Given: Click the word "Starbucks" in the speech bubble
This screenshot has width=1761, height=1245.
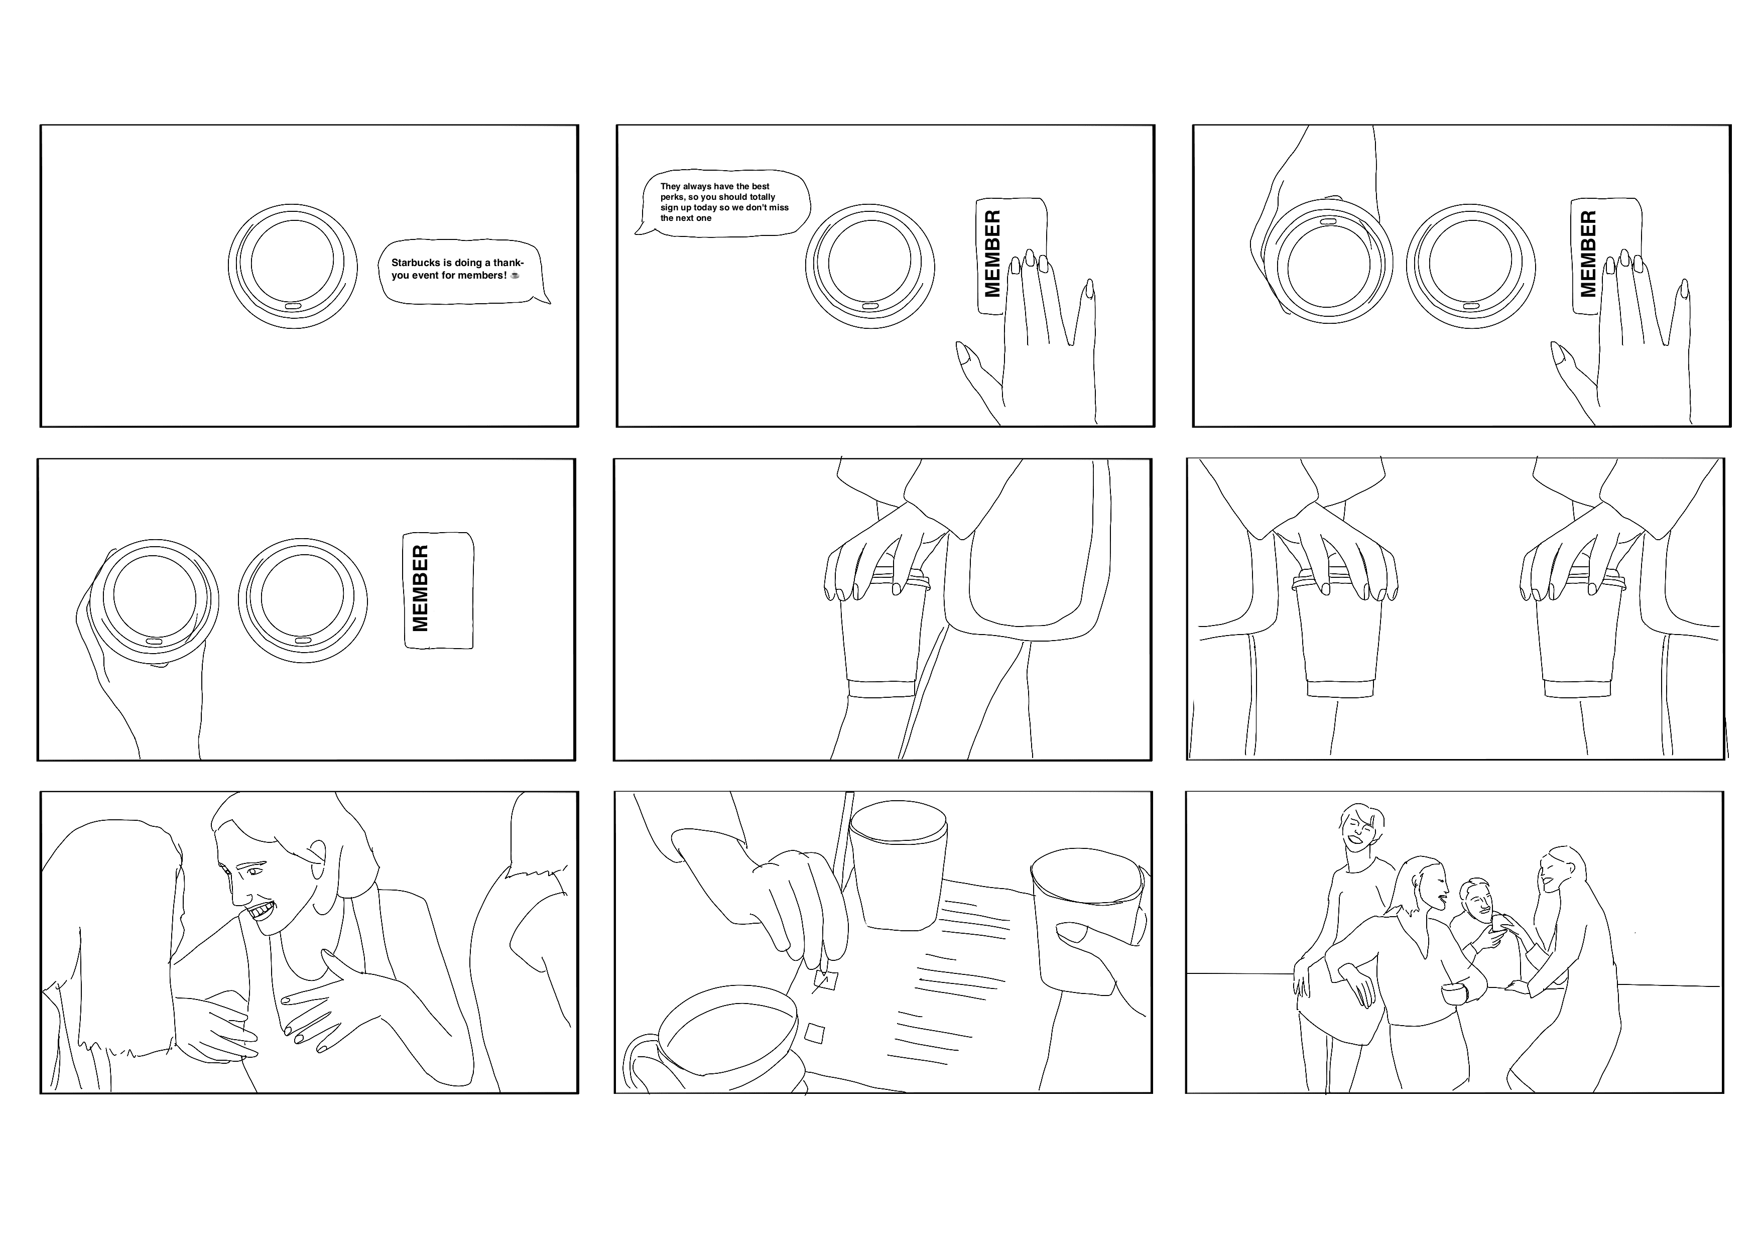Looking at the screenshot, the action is [416, 263].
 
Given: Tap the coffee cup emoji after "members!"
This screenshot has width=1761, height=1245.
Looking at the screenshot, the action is [515, 276].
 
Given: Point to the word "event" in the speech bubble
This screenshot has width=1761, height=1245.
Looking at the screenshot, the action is [425, 276].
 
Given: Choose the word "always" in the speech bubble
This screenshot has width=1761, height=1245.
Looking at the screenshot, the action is [697, 186].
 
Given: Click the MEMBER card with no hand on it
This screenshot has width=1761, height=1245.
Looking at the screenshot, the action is [438, 590].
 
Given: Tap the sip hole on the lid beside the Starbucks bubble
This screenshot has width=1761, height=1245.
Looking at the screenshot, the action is [294, 306].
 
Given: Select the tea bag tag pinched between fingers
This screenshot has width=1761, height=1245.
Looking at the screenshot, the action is [826, 979].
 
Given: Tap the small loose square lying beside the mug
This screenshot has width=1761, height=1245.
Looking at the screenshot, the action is [815, 1034].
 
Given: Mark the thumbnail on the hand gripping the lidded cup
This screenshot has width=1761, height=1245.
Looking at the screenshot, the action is [1069, 933].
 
